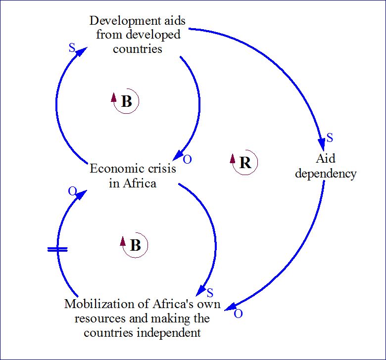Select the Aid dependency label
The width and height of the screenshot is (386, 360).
point(325,166)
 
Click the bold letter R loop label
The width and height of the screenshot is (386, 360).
point(245,163)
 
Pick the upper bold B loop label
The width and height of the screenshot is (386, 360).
point(127,102)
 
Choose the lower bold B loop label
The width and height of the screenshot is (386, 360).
point(136,245)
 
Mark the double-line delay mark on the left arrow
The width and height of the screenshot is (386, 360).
point(57,250)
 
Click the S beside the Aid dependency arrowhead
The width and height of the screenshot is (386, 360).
point(330,137)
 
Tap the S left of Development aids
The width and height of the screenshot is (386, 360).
point(71,48)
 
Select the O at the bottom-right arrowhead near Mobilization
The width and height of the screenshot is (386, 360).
point(238,314)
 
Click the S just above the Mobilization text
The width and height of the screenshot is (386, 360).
point(210,292)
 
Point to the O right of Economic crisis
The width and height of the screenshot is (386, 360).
point(188,159)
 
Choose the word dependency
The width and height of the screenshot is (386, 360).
point(325,174)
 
